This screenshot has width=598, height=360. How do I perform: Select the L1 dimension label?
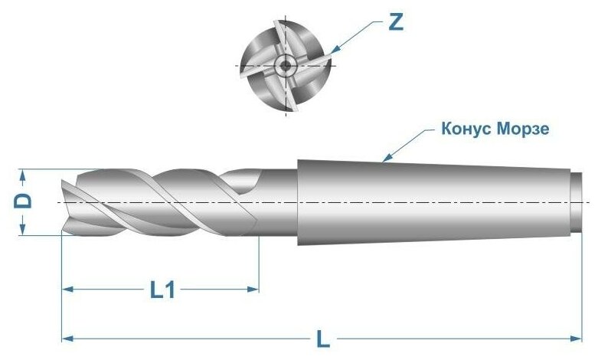click(x=162, y=290)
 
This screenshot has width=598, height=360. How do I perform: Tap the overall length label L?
click(x=323, y=339)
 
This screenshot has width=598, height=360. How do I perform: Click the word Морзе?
click(x=523, y=129)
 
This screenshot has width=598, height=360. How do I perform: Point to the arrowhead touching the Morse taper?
click(x=387, y=157)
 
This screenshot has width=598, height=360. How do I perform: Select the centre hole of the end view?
click(x=285, y=65)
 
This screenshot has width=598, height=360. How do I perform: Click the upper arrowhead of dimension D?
click(x=22, y=175)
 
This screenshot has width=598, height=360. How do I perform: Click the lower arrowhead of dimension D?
click(x=22, y=230)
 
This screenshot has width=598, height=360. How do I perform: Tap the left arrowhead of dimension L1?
click(x=68, y=290)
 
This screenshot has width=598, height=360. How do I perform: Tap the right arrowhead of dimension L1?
click(x=253, y=290)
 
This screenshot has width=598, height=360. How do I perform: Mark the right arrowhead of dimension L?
click(x=576, y=339)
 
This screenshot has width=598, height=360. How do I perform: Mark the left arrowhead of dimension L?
click(x=68, y=339)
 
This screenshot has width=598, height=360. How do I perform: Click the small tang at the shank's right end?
click(x=577, y=202)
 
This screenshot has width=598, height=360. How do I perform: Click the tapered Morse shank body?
click(x=434, y=202)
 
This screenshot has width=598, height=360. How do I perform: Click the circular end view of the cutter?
click(x=285, y=65)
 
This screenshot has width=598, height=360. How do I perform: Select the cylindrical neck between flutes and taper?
click(x=279, y=202)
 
